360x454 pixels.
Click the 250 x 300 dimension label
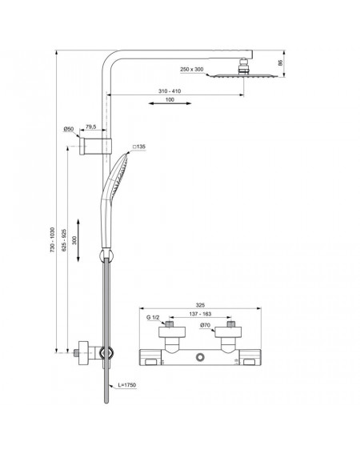[191, 69]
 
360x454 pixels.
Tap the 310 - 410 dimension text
[170, 91]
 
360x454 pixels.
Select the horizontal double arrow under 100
[170, 103]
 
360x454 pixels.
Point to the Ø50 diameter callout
[69, 129]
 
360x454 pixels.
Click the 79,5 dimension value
[91, 127]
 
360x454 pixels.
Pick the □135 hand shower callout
[139, 147]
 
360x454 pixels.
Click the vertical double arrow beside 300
[78, 240]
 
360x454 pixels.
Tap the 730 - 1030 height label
[52, 239]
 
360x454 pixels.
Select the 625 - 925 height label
[64, 240]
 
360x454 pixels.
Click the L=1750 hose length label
[126, 385]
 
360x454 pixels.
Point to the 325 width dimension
[200, 305]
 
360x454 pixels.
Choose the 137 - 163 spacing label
[200, 314]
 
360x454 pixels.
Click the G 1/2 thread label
[153, 317]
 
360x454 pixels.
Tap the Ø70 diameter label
[205, 325]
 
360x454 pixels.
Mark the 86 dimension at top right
[280, 63]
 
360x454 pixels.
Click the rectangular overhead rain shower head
[243, 76]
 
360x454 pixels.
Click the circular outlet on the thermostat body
[200, 357]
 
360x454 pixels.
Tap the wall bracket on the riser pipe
[95, 147]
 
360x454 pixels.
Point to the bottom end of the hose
[106, 403]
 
